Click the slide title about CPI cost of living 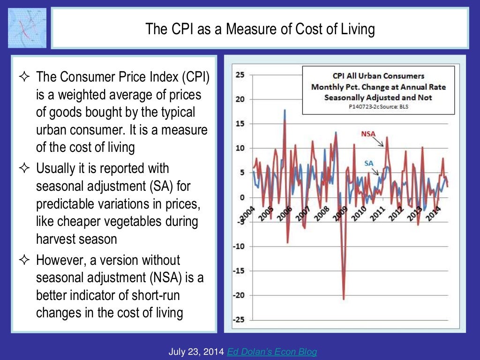260,29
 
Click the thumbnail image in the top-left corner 27,28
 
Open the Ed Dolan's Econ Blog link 272,352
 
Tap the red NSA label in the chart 368,134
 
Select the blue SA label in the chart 369,163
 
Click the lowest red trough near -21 344,299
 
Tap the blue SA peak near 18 285,111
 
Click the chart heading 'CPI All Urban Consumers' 378,75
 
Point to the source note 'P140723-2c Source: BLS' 378,106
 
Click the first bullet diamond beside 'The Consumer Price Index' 23,76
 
